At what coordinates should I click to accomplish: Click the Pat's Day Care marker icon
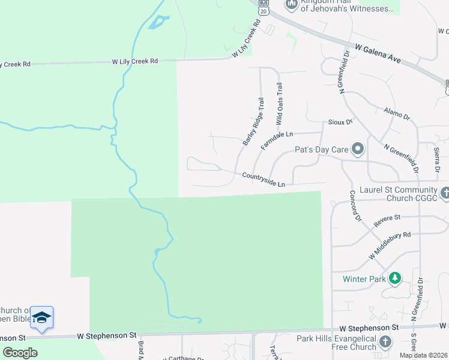pos(358,148)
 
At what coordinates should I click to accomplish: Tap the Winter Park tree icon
pos(395,278)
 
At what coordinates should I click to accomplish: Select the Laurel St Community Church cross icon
pos(445,193)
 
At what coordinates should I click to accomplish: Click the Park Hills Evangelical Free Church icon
pos(385,341)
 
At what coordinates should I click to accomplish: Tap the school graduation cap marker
pos(41,317)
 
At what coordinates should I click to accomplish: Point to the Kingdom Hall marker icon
pos(292,5)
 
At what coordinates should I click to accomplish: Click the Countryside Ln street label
pos(264,179)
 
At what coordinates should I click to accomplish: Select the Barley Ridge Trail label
pos(253,122)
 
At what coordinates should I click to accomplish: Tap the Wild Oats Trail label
pos(279,104)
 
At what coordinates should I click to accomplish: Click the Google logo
pos(20,353)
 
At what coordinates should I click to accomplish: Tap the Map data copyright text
pos(423,355)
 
